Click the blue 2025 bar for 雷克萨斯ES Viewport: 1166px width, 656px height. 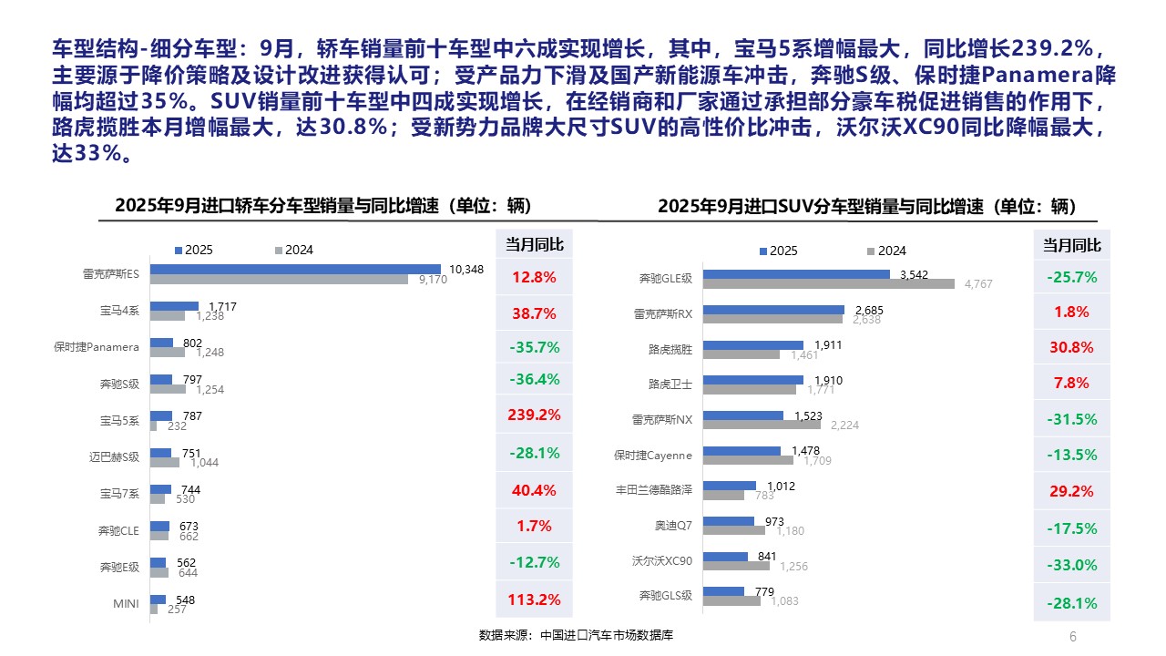296,269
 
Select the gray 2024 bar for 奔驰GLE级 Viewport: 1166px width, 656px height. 828,284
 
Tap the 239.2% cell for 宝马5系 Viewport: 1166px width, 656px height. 534,415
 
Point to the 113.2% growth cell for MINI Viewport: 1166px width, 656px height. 534,600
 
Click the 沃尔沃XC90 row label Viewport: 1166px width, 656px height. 662,560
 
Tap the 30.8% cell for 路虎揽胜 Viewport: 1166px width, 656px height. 1071,347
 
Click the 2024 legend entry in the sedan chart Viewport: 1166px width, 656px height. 293,250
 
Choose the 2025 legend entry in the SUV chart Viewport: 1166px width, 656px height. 778,251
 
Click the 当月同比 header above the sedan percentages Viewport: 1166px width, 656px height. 534,245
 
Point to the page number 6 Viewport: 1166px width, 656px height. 1072,636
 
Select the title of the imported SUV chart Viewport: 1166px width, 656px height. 866,207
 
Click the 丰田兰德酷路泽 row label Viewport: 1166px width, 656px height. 654,490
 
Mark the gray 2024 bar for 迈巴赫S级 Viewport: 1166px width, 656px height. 165,462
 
